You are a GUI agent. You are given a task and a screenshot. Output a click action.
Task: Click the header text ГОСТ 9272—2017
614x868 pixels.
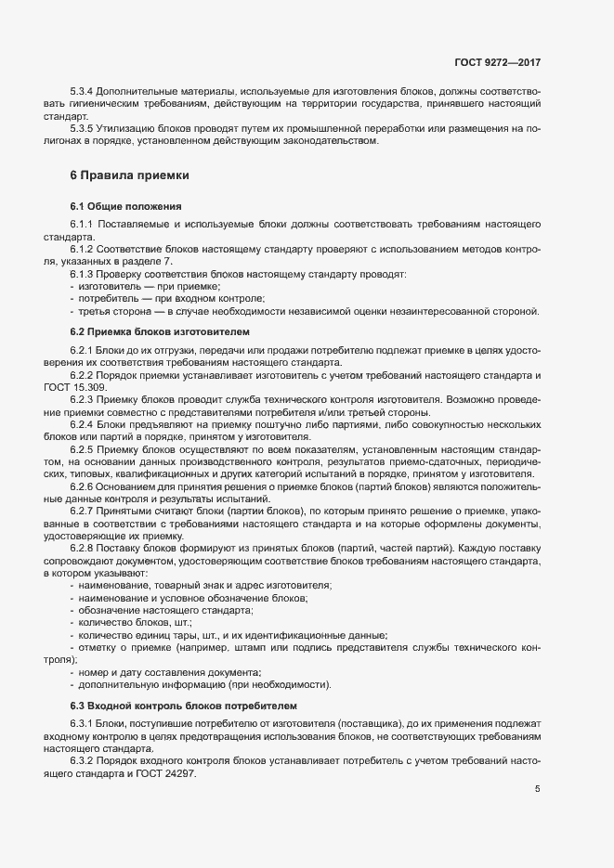[x=497, y=62]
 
